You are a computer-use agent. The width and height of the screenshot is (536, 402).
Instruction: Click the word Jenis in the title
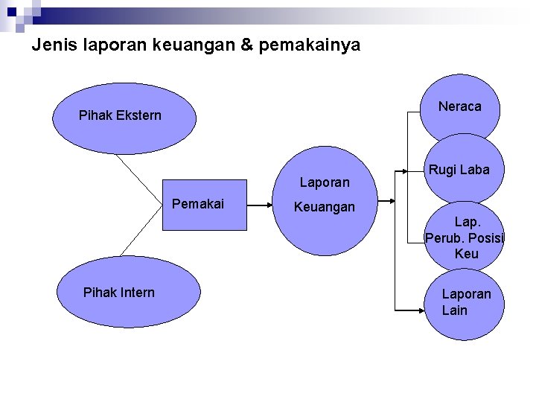[48, 45]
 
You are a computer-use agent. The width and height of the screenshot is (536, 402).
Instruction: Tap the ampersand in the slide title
[247, 45]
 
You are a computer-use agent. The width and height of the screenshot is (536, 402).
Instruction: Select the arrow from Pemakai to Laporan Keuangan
[261, 203]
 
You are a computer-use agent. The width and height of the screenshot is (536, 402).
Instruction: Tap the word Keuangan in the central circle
[325, 208]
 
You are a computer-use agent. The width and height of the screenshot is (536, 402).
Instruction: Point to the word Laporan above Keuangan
[325, 182]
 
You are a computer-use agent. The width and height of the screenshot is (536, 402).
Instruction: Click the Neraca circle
[460, 107]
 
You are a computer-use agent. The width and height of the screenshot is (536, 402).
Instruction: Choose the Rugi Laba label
[459, 170]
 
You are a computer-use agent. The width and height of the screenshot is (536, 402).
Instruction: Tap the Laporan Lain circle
[466, 302]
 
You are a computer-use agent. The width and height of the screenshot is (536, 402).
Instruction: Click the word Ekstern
[138, 116]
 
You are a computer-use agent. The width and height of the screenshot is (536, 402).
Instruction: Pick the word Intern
[136, 293]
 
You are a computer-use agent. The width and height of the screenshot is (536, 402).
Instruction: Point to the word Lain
[455, 310]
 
